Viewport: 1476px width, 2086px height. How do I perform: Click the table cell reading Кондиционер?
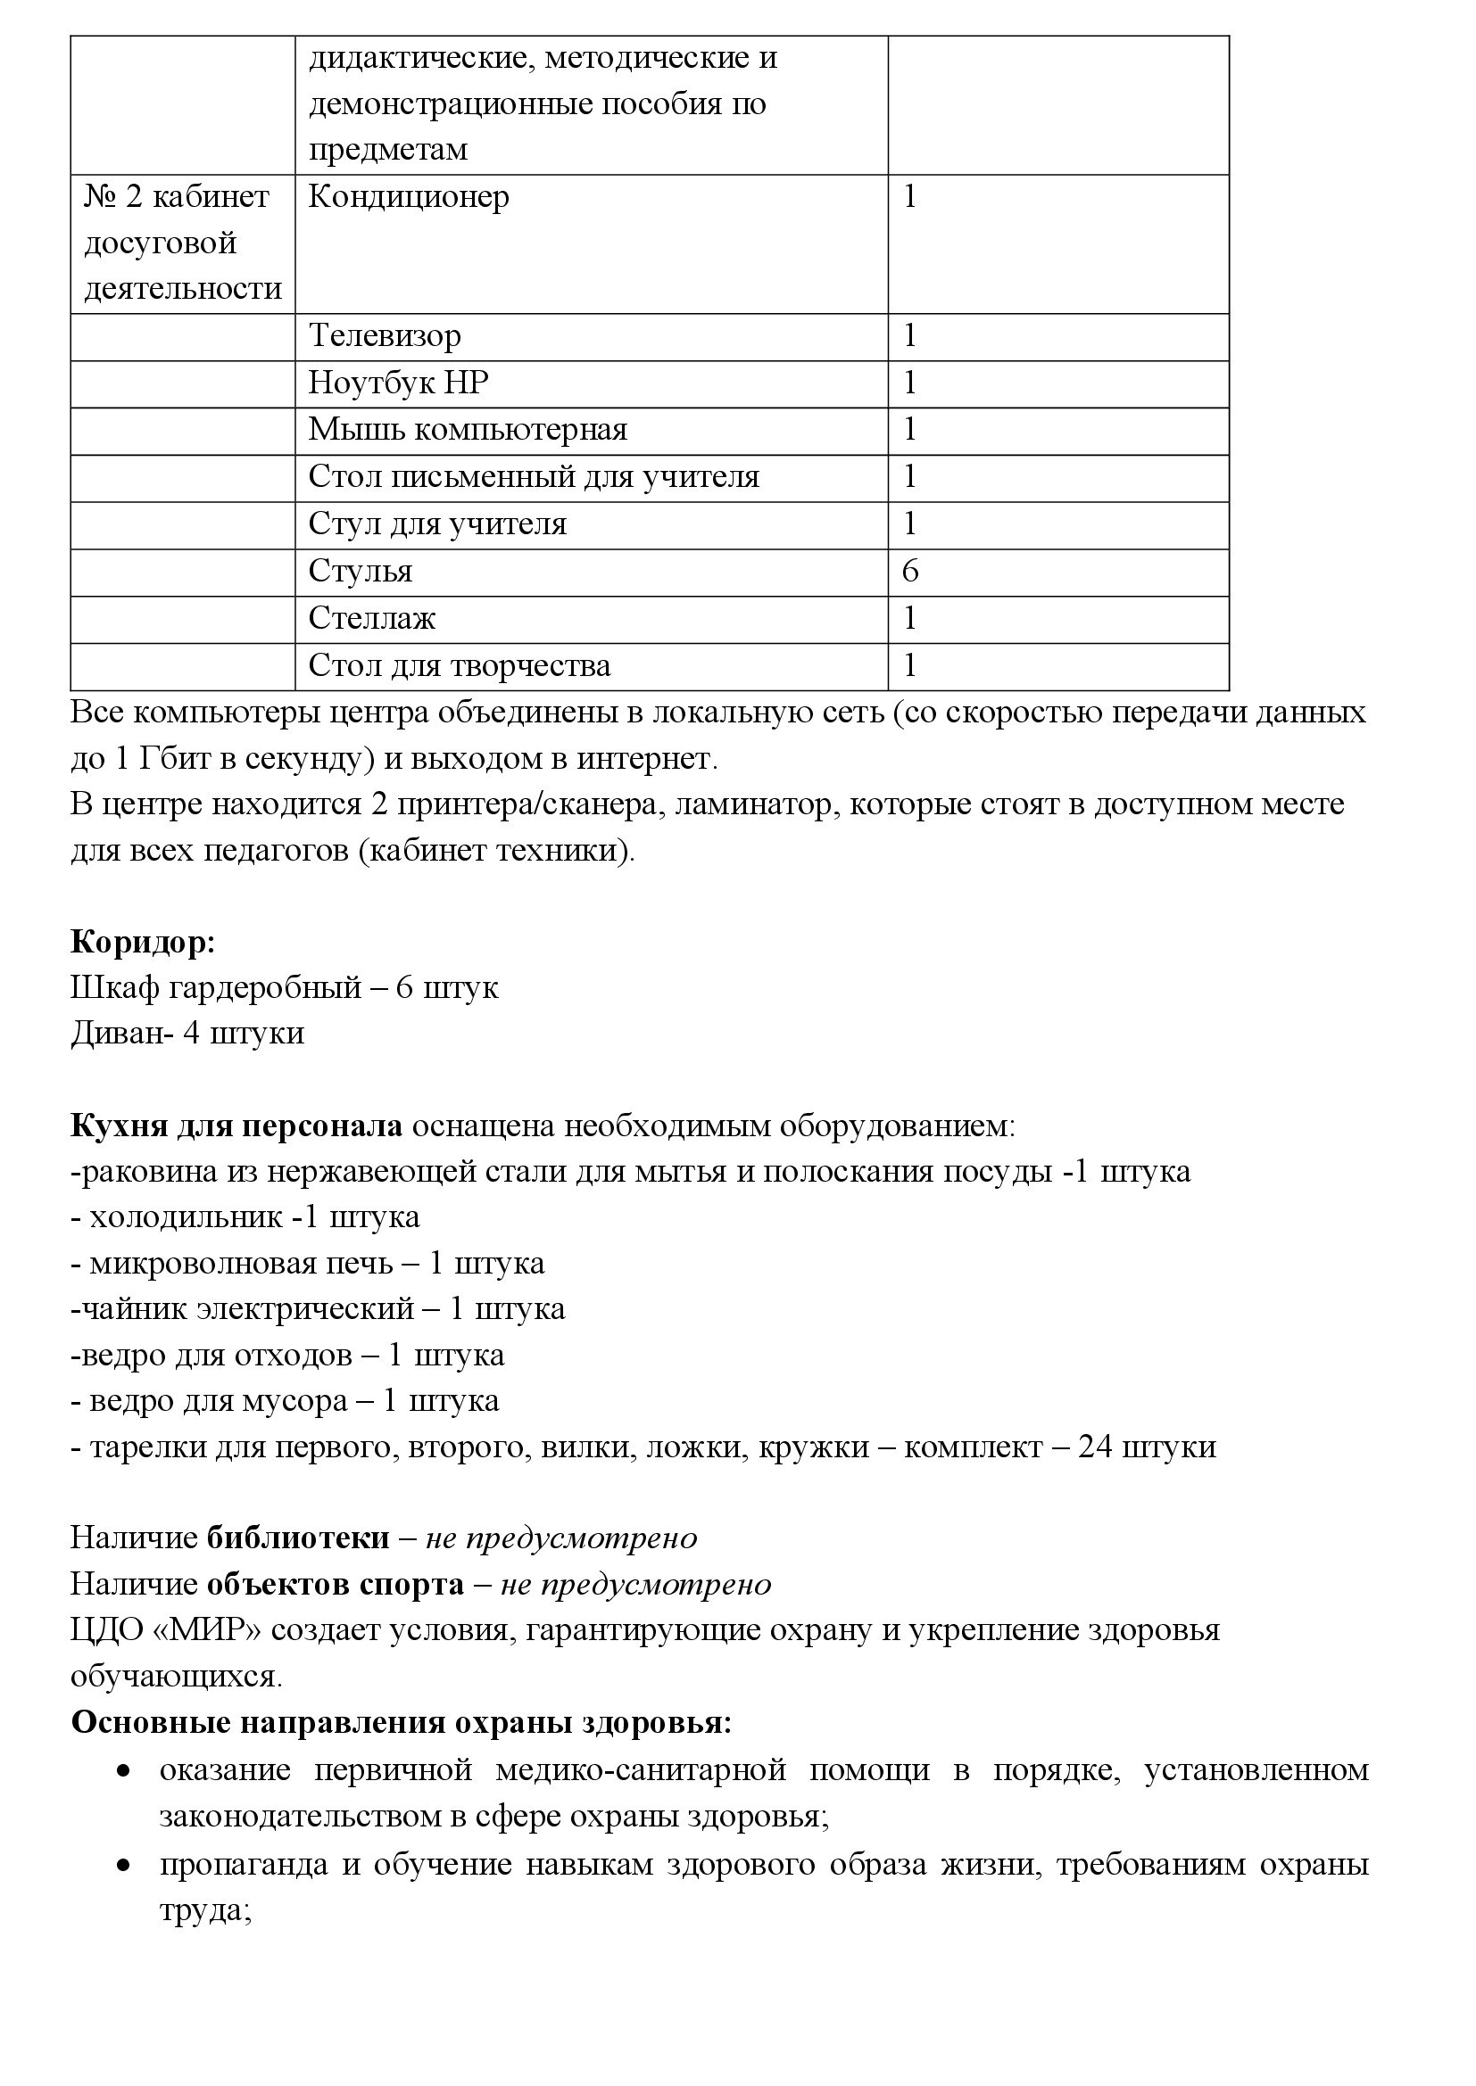tap(409, 197)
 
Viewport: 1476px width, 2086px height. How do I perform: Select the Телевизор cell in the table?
tap(385, 336)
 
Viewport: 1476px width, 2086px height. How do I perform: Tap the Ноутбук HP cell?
tap(398, 383)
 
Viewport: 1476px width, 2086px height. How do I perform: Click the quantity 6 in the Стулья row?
tap(909, 572)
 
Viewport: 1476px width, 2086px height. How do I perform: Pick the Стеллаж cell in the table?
tap(372, 619)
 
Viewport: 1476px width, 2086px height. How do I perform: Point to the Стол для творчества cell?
tap(459, 666)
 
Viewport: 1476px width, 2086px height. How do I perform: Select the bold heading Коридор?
tap(143, 942)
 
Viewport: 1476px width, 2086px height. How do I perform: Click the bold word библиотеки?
tap(298, 1538)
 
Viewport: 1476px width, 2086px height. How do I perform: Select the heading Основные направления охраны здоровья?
tap(401, 1723)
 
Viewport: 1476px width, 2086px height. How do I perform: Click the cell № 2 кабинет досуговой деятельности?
tap(183, 243)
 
